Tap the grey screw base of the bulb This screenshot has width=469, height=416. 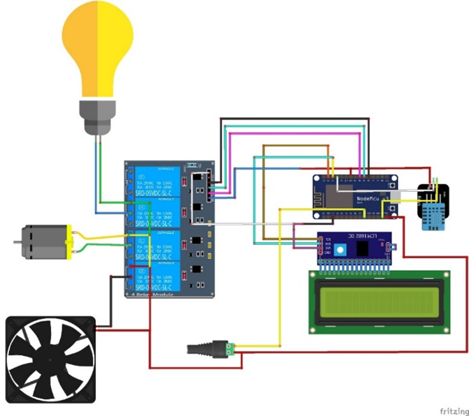[x=97, y=116]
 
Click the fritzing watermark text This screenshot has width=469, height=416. [x=453, y=409]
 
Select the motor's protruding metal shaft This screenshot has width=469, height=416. [x=17, y=242]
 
